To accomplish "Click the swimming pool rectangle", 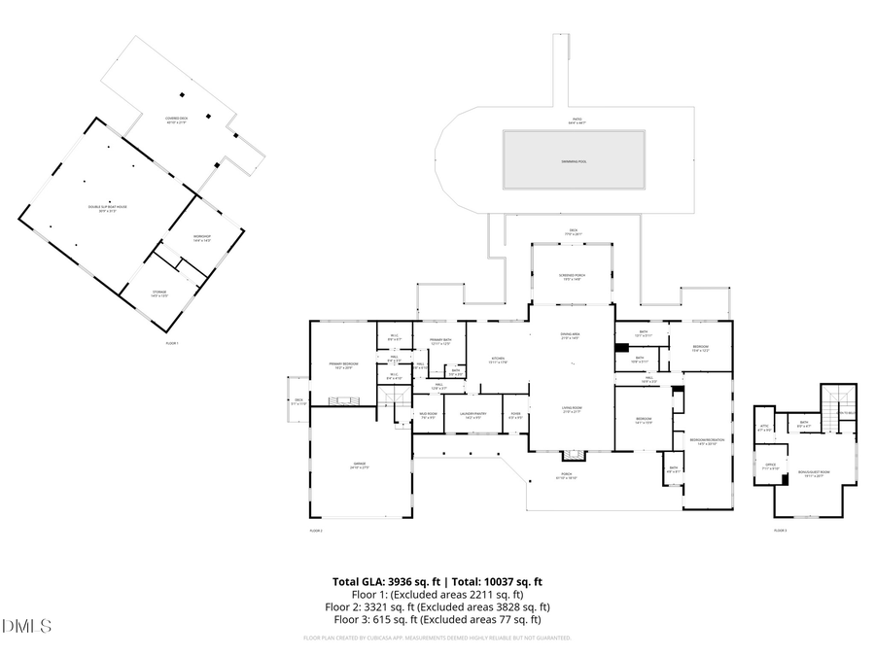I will pos(574,160).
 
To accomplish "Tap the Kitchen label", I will pos(499,360).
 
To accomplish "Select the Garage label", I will pos(360,466).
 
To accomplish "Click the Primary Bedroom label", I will pos(343,364).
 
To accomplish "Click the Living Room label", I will pos(572,409).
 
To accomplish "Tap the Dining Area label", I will pos(572,335).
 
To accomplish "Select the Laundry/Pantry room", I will pos(472,415).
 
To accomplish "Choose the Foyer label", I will pos(515,415).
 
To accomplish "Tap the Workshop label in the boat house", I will pos(202,238).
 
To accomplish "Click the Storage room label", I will pos(158,292).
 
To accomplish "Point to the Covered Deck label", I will pos(177,120).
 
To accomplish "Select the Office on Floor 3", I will pos(770,466).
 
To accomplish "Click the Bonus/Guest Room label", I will pos(810,474).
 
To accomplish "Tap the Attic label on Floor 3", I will pos(763,427).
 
